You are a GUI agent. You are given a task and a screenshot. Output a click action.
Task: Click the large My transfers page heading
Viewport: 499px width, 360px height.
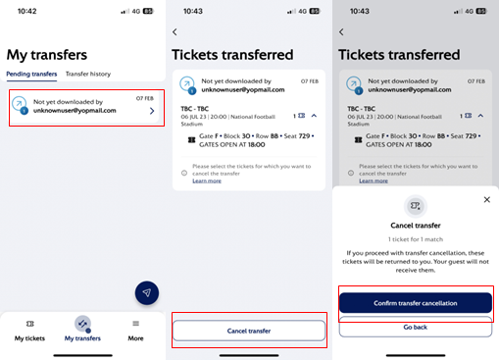tap(47, 55)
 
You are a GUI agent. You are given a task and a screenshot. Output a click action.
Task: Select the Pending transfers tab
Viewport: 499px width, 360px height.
tap(31, 75)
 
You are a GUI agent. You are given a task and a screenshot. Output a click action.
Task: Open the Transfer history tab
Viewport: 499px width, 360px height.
tap(88, 75)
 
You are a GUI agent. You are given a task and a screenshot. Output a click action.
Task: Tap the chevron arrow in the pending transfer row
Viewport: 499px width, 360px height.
tap(151, 111)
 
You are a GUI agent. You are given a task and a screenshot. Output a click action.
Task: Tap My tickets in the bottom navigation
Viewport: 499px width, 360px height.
tap(29, 331)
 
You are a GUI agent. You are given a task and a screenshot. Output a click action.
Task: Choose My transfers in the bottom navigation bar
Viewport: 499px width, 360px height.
tap(82, 331)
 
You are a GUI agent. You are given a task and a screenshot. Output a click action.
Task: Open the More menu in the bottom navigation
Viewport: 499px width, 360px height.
tap(135, 331)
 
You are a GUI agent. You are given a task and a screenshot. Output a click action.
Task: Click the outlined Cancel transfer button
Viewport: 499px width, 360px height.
tap(249, 331)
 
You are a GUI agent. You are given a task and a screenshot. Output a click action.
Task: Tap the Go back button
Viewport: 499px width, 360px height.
tap(415, 327)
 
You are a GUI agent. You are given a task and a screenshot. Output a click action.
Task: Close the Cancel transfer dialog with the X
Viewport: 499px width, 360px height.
tap(487, 199)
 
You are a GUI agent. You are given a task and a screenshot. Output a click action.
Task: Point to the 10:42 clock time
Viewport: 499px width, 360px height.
tap(26, 11)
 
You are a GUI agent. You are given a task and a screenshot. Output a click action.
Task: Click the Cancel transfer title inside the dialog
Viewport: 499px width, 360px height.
tap(415, 225)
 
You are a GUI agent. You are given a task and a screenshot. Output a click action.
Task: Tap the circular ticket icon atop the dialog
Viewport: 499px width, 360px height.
tap(415, 205)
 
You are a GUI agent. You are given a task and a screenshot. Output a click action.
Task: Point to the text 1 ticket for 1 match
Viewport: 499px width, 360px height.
tap(415, 238)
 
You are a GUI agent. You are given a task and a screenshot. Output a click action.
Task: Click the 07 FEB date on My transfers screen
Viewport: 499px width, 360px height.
tap(145, 98)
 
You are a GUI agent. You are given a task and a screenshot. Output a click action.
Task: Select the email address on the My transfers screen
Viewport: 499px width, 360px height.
tap(75, 110)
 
